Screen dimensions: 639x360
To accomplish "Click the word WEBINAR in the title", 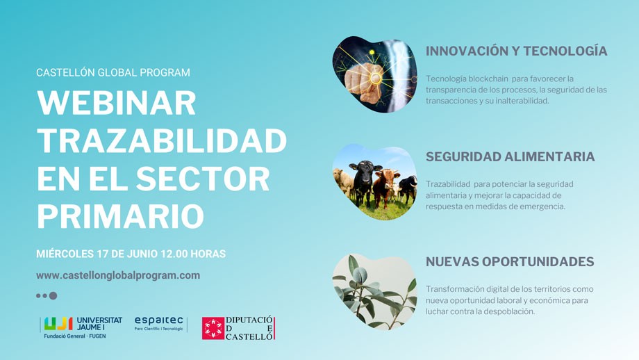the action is pyautogui.click(x=117, y=103).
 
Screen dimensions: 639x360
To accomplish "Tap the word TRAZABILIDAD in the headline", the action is pyautogui.click(x=162, y=140).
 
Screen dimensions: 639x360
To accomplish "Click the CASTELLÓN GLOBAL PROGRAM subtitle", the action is pyautogui.click(x=113, y=72).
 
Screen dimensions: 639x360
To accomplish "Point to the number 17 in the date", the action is pyautogui.click(x=102, y=254).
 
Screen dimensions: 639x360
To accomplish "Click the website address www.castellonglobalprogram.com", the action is pyautogui.click(x=118, y=276).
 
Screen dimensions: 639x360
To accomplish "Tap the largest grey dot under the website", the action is pyautogui.click(x=53, y=295).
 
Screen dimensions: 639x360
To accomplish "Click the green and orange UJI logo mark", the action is pyautogui.click(x=58, y=324).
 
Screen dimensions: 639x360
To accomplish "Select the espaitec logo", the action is pyautogui.click(x=158, y=323).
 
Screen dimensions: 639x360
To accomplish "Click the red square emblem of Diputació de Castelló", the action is pyautogui.click(x=213, y=329).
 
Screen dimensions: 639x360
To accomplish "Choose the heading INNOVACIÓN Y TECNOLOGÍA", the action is pyautogui.click(x=516, y=51).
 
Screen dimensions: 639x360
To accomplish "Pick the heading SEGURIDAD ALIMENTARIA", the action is pyautogui.click(x=511, y=156).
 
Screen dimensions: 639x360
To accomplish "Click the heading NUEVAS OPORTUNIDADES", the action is pyautogui.click(x=510, y=262).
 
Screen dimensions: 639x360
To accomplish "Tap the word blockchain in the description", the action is pyautogui.click(x=488, y=79).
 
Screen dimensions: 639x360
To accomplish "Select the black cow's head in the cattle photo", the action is pyautogui.click(x=365, y=170).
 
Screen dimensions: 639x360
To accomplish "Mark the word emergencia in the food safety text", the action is pyautogui.click(x=544, y=206).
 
